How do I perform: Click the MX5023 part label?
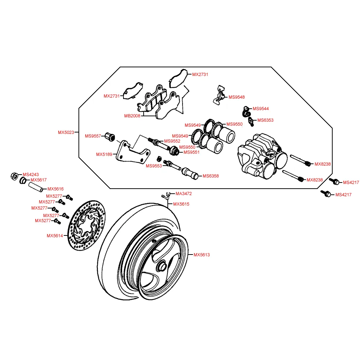(x=66, y=132)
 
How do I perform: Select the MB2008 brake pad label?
(x=132, y=116)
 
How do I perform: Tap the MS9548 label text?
(x=237, y=97)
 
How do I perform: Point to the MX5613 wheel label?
(x=202, y=255)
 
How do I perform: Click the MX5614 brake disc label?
(x=55, y=236)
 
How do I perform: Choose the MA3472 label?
(x=184, y=194)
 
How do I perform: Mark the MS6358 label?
(x=211, y=176)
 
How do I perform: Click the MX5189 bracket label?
(x=104, y=154)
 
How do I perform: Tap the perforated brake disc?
(x=87, y=225)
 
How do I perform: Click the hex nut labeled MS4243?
(x=14, y=176)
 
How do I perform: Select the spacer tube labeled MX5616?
(x=36, y=187)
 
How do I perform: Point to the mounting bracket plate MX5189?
(x=133, y=152)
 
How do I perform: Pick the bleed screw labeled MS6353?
(x=251, y=121)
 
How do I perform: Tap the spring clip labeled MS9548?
(x=220, y=95)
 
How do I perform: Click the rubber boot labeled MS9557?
(x=110, y=137)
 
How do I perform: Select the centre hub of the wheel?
(x=162, y=266)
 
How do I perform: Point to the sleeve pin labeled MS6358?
(x=190, y=174)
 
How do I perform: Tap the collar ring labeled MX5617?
(x=23, y=180)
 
